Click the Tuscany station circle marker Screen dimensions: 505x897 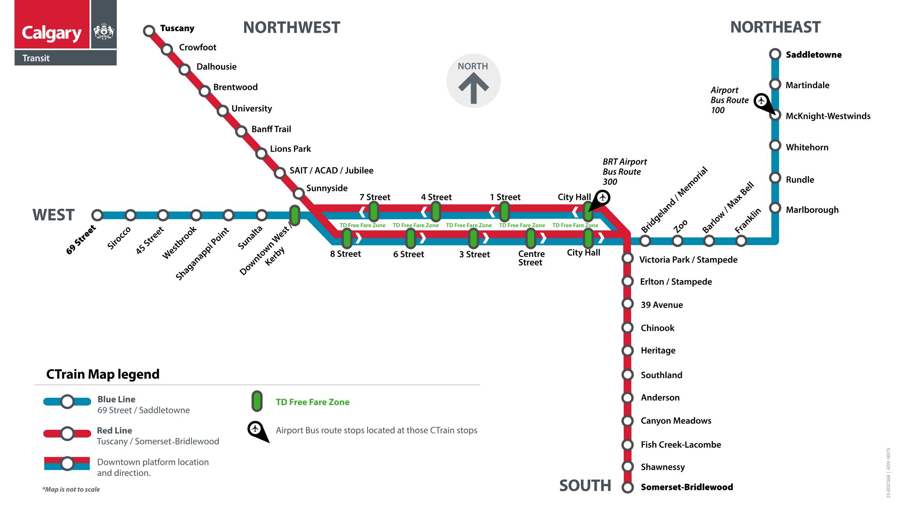[x=149, y=31]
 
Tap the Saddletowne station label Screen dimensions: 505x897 [x=813, y=55]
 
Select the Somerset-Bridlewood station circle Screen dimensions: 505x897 [x=627, y=487]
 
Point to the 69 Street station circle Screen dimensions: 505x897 [x=97, y=215]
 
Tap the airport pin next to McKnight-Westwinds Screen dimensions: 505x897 [x=762, y=101]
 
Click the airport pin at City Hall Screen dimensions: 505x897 [x=603, y=198]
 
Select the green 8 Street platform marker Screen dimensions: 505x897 [x=346, y=238]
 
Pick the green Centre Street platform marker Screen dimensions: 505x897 [x=531, y=238]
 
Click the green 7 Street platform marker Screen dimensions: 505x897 [x=374, y=212]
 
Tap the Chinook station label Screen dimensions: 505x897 [x=657, y=328]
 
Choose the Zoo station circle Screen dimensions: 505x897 [x=677, y=241]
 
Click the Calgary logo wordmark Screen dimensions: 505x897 [x=52, y=34]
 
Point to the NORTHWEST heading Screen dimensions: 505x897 [x=292, y=28]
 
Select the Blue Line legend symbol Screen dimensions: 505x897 [x=67, y=402]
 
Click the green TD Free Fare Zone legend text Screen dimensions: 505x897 [x=312, y=402]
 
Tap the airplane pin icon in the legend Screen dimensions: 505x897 [x=256, y=429]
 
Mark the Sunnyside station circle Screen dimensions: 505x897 [x=299, y=193]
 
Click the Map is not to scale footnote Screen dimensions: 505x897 [x=71, y=489]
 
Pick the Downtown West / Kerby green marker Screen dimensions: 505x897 [x=295, y=215]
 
